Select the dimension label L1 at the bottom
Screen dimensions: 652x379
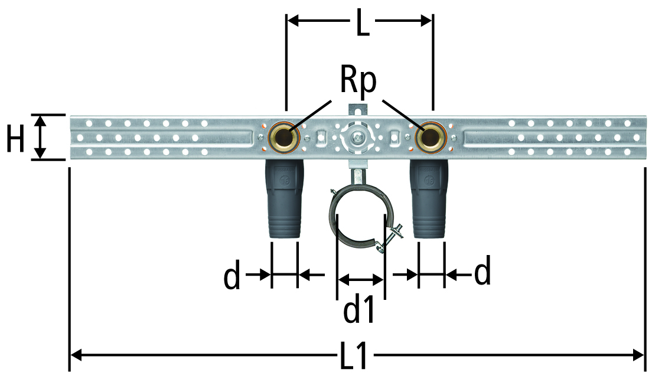(354, 355)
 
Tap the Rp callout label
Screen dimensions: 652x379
(358, 81)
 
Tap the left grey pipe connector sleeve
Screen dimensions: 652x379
(285, 200)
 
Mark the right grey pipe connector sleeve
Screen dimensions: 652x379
(429, 200)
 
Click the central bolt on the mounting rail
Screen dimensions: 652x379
(357, 137)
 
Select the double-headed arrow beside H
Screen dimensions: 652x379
(40, 137)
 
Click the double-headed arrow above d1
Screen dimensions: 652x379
(360, 279)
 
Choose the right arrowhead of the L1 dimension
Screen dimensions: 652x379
(638, 355)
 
